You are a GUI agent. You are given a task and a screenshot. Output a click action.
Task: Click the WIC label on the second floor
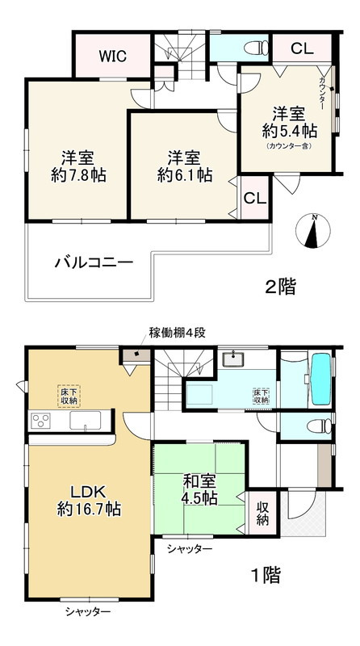[111, 56]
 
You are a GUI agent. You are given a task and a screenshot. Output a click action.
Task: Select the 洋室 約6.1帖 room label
[184, 166]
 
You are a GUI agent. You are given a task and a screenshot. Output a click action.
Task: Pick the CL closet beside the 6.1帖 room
[252, 198]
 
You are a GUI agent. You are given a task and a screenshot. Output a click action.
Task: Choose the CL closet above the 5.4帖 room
[301, 49]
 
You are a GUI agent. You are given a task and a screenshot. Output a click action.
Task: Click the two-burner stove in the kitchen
[40, 421]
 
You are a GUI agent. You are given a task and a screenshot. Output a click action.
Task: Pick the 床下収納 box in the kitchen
[69, 395]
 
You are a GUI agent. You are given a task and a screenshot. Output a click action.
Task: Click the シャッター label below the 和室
[190, 549]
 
